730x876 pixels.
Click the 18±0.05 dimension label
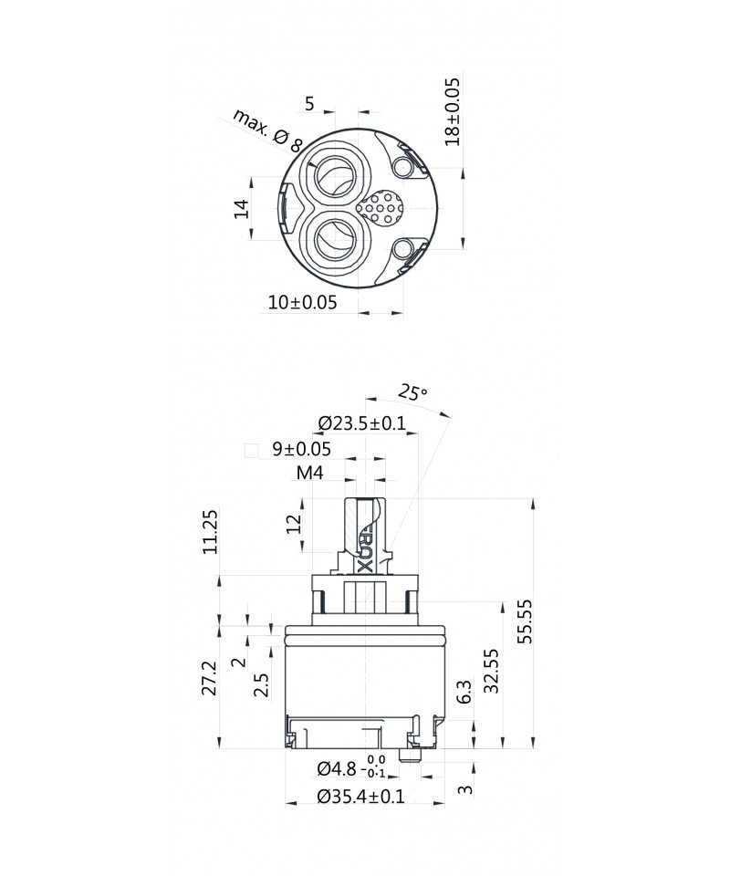pyautogui.click(x=453, y=111)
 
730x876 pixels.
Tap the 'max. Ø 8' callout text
pyautogui.click(x=267, y=131)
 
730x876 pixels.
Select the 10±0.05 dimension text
pyautogui.click(x=303, y=302)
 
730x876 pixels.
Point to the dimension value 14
pyautogui.click(x=241, y=208)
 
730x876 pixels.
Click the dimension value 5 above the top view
pyautogui.click(x=309, y=103)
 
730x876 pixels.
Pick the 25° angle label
pyautogui.click(x=412, y=392)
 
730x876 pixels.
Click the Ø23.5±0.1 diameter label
pyautogui.click(x=362, y=422)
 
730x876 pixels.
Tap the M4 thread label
pyautogui.click(x=310, y=473)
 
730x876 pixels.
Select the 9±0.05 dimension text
pyautogui.click(x=302, y=449)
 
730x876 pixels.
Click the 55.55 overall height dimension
pyautogui.click(x=525, y=621)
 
